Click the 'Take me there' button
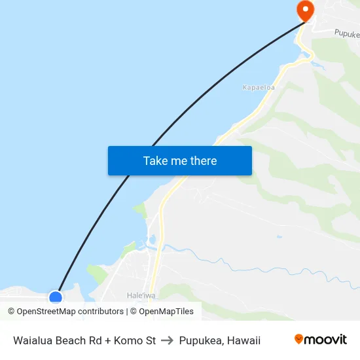point(180,160)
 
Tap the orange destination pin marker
point(305,10)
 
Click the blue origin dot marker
point(56,298)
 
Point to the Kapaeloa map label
point(259,87)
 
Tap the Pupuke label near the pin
point(346,32)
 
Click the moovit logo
point(320,340)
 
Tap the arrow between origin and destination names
point(167,340)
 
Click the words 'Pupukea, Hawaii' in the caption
point(220,340)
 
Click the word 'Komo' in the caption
point(128,340)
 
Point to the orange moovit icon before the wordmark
point(299,339)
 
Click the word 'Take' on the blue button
point(155,160)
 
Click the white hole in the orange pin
point(305,8)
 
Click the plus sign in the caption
point(107,340)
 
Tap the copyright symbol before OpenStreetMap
point(12,312)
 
